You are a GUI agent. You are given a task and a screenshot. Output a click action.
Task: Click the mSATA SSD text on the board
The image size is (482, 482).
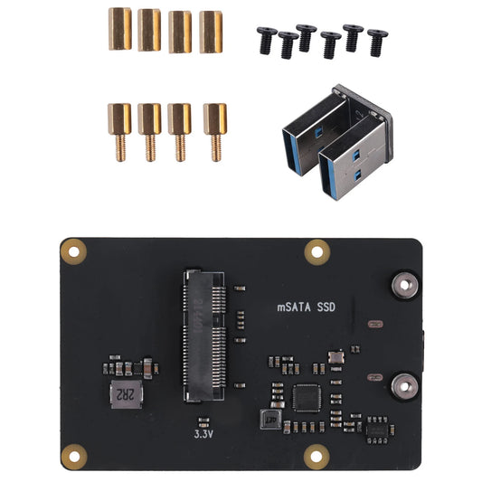coord(306,307)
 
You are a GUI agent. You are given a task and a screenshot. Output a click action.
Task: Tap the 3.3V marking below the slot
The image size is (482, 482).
coord(204,433)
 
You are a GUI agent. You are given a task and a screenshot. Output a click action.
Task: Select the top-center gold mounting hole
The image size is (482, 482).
coord(316,250)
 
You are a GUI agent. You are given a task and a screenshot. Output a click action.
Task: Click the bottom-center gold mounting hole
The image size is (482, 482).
coord(316,455)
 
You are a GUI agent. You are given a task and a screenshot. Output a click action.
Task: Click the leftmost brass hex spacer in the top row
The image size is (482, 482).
coord(120,29)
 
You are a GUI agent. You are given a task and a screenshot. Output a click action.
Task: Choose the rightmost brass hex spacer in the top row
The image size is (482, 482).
coord(211,31)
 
